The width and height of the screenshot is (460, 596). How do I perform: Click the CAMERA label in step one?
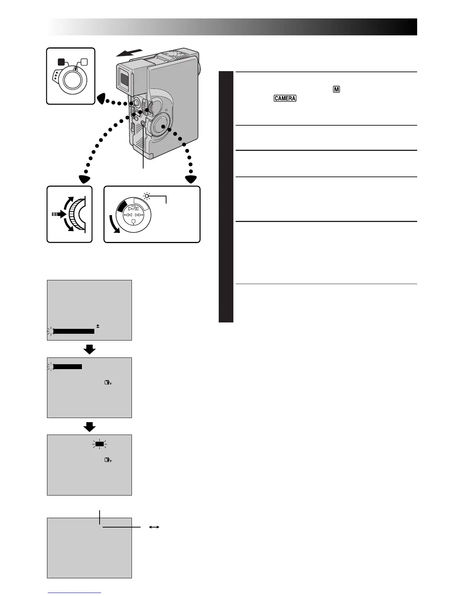coord(285,98)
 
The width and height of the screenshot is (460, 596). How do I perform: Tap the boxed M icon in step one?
coord(336,90)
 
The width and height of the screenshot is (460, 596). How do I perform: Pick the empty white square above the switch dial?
coord(84,62)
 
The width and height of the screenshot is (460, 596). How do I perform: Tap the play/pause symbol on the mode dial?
coord(134,208)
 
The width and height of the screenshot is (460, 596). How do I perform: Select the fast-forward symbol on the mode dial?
coord(140,215)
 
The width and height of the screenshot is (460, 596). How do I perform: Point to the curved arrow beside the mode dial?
coord(114,225)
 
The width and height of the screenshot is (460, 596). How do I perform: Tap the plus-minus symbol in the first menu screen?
coord(98,326)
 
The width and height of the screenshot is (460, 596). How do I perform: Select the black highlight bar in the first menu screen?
coord(74,331)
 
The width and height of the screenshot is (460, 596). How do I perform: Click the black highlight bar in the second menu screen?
coord(68,366)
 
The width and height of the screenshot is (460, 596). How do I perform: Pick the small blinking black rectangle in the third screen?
coord(99,444)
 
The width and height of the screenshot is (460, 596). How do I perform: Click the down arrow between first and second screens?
coord(89,350)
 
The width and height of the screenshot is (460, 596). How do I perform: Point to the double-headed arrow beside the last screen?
coord(154,528)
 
